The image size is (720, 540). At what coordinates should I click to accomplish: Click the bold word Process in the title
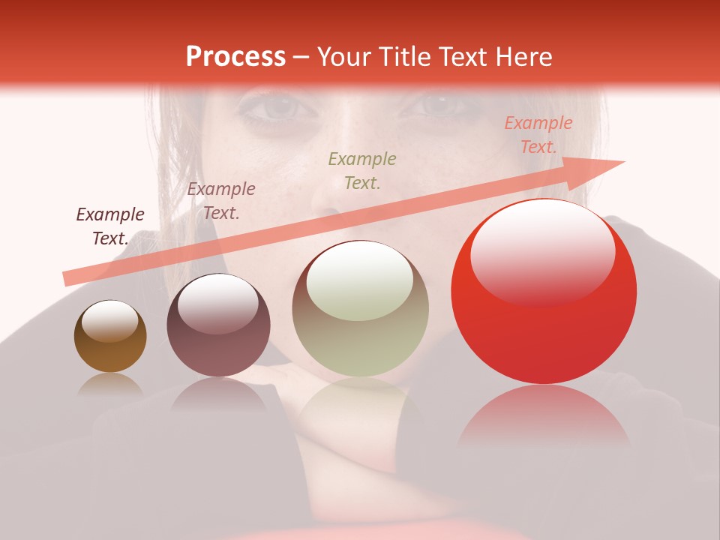point(235,57)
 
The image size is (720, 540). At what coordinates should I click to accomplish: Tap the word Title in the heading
point(403,57)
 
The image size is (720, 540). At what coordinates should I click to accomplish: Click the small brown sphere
point(110,337)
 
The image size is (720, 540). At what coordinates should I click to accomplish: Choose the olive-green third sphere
point(360,309)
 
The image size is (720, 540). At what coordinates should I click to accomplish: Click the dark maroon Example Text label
point(109,226)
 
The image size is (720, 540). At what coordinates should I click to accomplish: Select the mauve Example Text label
point(220,201)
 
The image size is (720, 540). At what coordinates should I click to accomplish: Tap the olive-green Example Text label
point(362,170)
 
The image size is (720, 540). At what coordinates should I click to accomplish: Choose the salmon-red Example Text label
point(538,135)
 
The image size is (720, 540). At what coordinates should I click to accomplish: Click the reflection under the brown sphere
point(110,384)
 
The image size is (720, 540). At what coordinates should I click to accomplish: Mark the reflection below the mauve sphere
point(218,393)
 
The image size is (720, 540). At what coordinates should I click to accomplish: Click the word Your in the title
point(344,57)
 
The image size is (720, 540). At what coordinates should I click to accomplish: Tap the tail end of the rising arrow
point(66,279)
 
